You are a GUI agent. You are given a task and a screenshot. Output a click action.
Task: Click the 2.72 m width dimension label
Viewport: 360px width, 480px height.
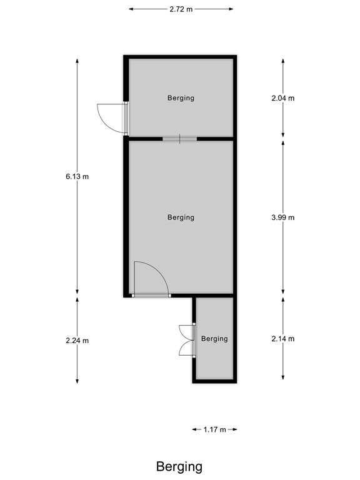point(181,9)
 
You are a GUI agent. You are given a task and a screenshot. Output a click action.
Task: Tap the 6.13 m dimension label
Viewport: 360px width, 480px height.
point(77,177)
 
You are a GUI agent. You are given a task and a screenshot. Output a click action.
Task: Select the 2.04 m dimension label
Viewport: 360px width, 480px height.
point(282,98)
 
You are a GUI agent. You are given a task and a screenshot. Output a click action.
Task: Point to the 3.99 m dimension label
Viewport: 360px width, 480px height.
point(282,217)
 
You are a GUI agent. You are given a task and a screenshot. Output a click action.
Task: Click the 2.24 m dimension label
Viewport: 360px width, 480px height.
point(77,341)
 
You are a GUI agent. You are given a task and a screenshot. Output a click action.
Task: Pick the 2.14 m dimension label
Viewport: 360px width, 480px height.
point(282,339)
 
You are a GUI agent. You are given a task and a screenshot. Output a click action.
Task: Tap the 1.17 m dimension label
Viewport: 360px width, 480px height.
point(215,429)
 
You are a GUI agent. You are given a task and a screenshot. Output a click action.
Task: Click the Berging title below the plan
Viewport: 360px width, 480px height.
point(179,466)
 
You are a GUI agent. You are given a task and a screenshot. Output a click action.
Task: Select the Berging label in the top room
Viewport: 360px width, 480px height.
point(181,98)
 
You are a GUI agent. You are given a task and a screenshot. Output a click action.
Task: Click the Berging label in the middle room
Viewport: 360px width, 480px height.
point(181,217)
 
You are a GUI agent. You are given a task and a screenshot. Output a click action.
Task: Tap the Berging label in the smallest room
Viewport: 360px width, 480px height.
point(214,339)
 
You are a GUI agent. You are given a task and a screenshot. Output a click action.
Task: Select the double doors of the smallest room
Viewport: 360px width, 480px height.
point(186,340)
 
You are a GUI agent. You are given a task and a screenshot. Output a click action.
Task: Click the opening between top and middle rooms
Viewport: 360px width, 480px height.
point(179,138)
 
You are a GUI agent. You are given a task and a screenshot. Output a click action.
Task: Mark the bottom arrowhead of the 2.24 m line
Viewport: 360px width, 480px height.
point(77,382)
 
